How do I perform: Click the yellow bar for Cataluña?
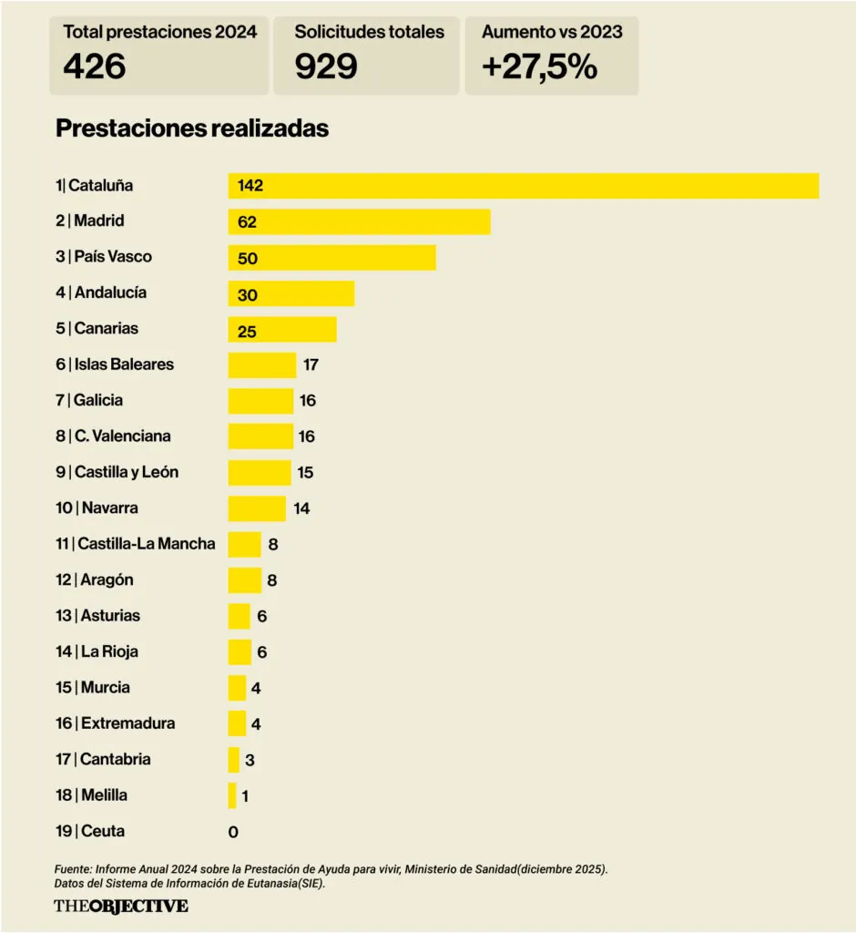click(x=523, y=185)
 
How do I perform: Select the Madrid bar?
click(x=359, y=221)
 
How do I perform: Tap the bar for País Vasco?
click(x=331, y=257)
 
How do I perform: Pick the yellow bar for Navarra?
click(x=257, y=508)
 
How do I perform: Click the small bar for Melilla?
click(x=232, y=795)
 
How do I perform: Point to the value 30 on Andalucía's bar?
click(x=248, y=295)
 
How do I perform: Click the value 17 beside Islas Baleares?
click(x=311, y=365)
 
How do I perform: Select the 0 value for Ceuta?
click(x=233, y=832)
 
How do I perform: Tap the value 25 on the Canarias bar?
click(x=247, y=332)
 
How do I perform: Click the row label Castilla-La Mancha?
click(x=147, y=544)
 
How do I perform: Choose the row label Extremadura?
click(x=127, y=723)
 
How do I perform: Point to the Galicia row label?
click(x=97, y=400)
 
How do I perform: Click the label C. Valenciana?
click(x=122, y=436)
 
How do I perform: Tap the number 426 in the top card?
click(x=94, y=67)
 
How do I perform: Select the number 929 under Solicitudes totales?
click(x=325, y=67)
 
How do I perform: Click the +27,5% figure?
click(x=538, y=67)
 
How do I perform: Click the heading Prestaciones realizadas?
click(x=192, y=128)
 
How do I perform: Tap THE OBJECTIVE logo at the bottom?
click(x=121, y=906)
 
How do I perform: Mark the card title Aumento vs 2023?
click(x=552, y=32)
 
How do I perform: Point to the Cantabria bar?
click(x=233, y=760)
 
